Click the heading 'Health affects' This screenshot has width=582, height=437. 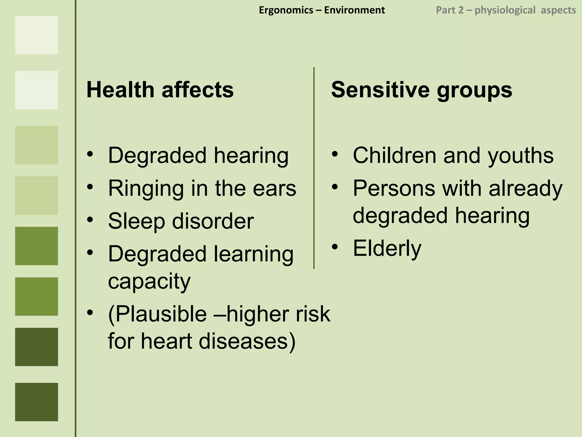pyautogui.click(x=160, y=90)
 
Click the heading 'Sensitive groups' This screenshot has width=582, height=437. pyautogui.click(x=421, y=90)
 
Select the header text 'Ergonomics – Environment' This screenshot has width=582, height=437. pyautogui.click(x=322, y=10)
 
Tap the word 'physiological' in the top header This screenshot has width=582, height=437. pyautogui.click(x=505, y=10)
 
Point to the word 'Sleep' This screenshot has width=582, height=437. pyautogui.click(x=136, y=221)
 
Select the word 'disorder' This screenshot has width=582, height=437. pyautogui.click(x=213, y=221)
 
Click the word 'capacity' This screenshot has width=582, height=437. pyautogui.click(x=149, y=281)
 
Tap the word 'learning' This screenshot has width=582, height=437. pyautogui.click(x=253, y=254)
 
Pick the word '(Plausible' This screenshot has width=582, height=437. pyautogui.click(x=157, y=314)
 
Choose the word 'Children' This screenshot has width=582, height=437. pyautogui.click(x=394, y=156)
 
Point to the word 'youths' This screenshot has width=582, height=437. pyautogui.click(x=521, y=156)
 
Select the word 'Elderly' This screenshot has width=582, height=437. pyautogui.click(x=387, y=248)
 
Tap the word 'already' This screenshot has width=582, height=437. pyautogui.click(x=525, y=189)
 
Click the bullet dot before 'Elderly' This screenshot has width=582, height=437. pyautogui.click(x=335, y=247)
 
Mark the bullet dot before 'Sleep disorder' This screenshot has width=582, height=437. pyautogui.click(x=90, y=220)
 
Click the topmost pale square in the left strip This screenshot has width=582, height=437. pyautogui.click(x=36, y=35)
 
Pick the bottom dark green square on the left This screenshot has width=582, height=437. pyautogui.click(x=36, y=402)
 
